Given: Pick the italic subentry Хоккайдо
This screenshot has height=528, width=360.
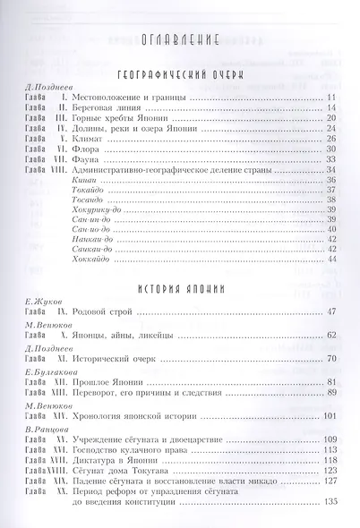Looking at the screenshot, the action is tap(87, 259).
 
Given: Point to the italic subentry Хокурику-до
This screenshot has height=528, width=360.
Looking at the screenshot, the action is tap(94, 219).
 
